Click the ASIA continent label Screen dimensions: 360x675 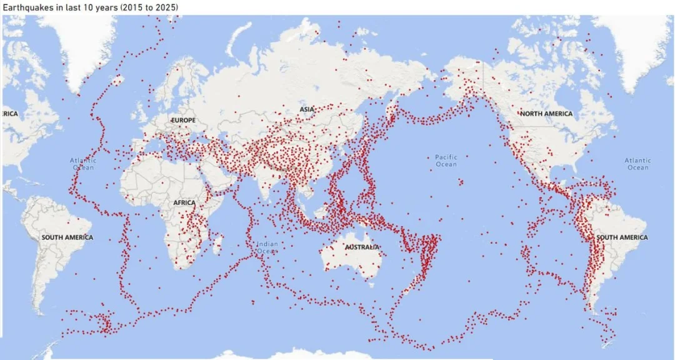(x=307, y=109)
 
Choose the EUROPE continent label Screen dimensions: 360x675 (x=183, y=120)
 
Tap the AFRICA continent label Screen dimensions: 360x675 (x=184, y=202)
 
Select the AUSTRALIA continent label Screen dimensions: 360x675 (x=362, y=247)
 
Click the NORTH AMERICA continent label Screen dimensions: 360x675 (x=546, y=114)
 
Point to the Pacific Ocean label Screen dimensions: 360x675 (x=446, y=161)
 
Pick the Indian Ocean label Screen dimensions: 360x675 (x=267, y=247)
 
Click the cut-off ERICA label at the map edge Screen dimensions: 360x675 (x=9, y=114)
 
